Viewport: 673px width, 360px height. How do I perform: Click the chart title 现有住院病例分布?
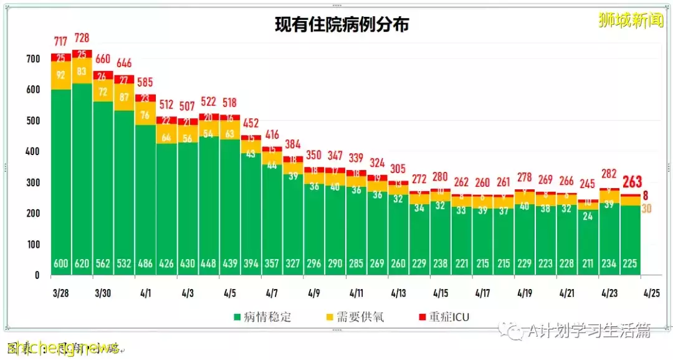(x=342, y=24)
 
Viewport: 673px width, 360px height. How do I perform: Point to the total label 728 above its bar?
(x=82, y=39)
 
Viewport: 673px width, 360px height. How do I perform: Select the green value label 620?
(x=82, y=263)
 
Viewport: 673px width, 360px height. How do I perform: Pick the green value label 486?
(x=145, y=263)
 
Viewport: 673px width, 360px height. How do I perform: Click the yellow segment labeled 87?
(x=124, y=97)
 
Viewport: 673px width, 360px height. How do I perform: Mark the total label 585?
(x=145, y=82)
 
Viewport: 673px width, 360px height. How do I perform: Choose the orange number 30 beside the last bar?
(x=647, y=209)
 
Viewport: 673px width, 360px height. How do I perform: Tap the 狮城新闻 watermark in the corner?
(x=630, y=20)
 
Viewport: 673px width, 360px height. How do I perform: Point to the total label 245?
(x=588, y=184)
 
